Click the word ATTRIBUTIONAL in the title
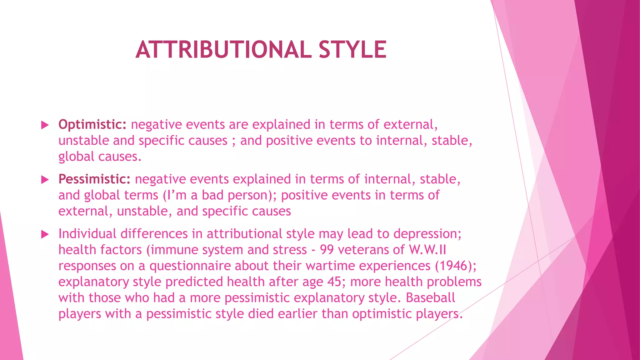coord(223,50)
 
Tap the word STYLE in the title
coord(352,50)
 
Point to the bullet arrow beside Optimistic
coord(45,125)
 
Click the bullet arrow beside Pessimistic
coord(45,180)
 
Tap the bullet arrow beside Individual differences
coord(45,234)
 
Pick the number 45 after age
coord(334,282)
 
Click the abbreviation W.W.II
coord(427,250)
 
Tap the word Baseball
coord(430,298)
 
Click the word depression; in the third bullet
coord(427,234)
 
